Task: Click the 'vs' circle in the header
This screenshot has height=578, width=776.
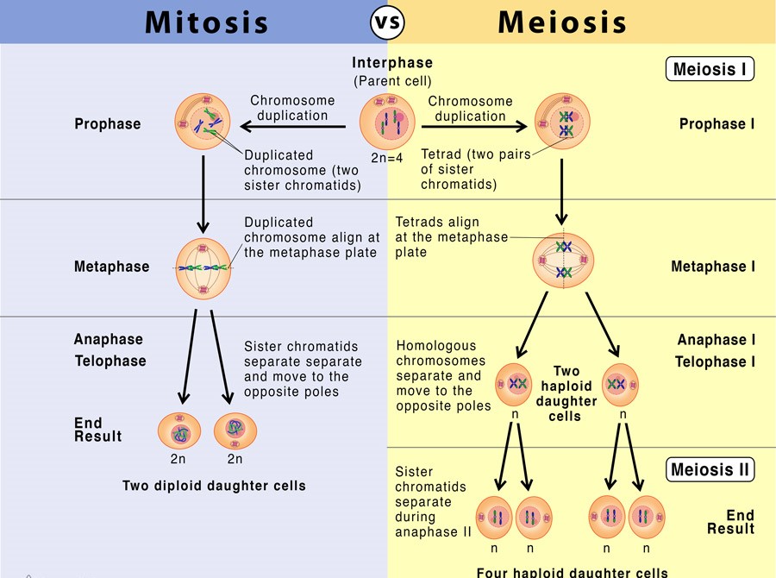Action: [x=388, y=22]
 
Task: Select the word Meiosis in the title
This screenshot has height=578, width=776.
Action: [x=562, y=22]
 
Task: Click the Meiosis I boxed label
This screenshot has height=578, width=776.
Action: [x=710, y=68]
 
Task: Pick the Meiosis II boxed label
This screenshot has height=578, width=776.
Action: [x=710, y=470]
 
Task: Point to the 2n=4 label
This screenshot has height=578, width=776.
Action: [x=387, y=158]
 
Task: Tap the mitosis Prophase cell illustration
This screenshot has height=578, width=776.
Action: [x=203, y=122]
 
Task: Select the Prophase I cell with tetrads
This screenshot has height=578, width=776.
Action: [x=564, y=122]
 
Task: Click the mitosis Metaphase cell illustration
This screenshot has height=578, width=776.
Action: [x=203, y=267]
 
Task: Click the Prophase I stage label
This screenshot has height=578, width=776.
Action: [x=717, y=124]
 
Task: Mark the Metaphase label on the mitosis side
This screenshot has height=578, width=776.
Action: [x=111, y=267]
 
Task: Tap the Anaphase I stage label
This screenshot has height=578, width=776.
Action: [x=716, y=340]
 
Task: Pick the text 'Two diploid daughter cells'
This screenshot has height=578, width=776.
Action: [x=214, y=486]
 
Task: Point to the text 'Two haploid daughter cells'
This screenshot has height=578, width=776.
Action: [x=566, y=393]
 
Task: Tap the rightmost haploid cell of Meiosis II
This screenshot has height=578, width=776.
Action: [x=646, y=517]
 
